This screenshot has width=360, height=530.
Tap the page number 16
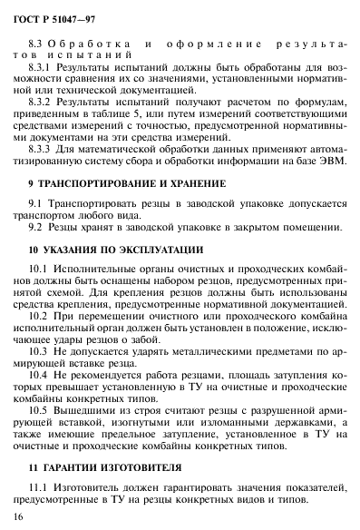(19, 515)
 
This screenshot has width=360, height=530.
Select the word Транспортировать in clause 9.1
(90, 206)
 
